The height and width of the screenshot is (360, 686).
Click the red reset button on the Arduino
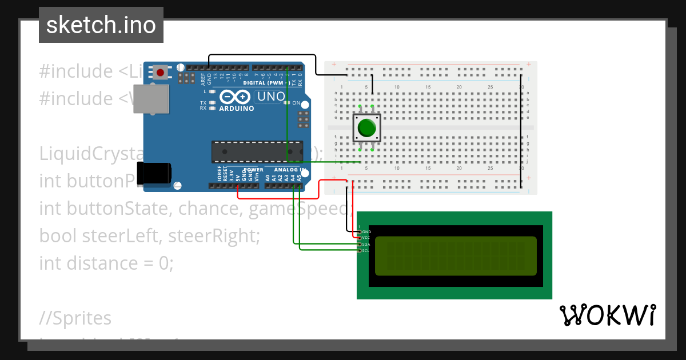161,73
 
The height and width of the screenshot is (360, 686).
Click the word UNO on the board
271,97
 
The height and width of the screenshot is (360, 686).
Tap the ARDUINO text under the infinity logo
236,109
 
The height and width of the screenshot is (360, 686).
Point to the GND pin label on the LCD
366,232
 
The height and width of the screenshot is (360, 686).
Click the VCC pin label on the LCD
366,237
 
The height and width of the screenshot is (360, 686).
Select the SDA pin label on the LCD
366,245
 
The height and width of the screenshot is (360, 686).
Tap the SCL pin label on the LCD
366,250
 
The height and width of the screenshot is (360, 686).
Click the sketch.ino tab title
101,25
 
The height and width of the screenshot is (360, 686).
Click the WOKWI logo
607,315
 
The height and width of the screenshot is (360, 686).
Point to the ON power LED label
296,103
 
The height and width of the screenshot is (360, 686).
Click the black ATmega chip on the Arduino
257,151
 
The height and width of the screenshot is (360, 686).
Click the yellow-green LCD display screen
456,256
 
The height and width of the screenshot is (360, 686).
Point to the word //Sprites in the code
75,318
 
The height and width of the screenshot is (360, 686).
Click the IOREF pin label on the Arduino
220,174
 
